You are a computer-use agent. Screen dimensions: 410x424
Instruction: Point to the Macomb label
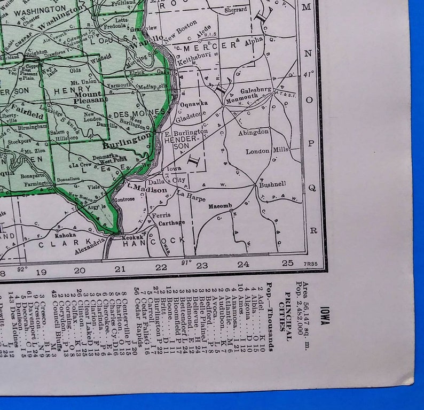pos(219,206)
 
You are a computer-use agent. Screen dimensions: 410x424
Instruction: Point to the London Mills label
pos(266,151)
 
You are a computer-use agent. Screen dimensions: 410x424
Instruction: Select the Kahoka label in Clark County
pos(65,234)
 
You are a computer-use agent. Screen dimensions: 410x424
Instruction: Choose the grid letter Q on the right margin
pos(312,187)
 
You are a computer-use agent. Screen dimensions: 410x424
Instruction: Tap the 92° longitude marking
pos(22,270)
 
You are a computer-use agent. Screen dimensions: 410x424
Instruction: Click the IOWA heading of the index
pos(324,316)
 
